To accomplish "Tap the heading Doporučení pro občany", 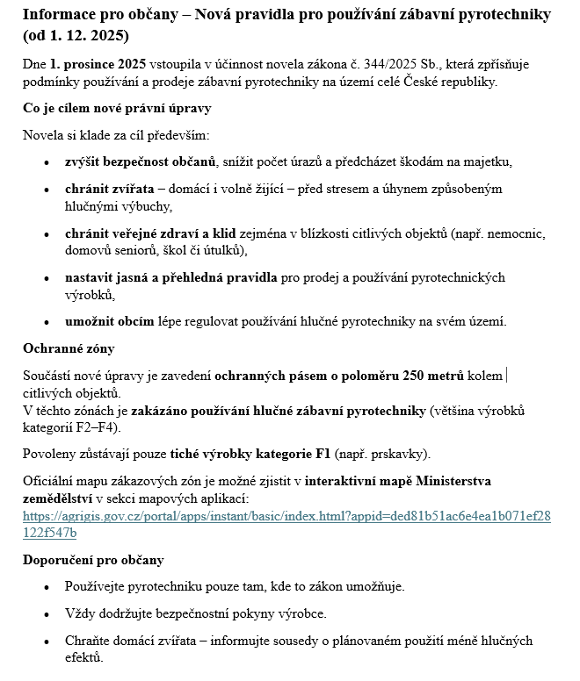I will pyautogui.click(x=93, y=560).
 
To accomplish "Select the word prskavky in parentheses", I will pyautogui.click(x=398, y=455).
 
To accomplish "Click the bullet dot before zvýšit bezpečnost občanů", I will pyautogui.click(x=47, y=163).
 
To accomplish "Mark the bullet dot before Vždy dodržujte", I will pyautogui.click(x=47, y=613).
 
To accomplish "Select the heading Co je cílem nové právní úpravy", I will pyautogui.click(x=117, y=109).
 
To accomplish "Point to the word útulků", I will pyautogui.click(x=223, y=251).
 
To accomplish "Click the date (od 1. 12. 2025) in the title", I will pyautogui.click(x=76, y=36).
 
